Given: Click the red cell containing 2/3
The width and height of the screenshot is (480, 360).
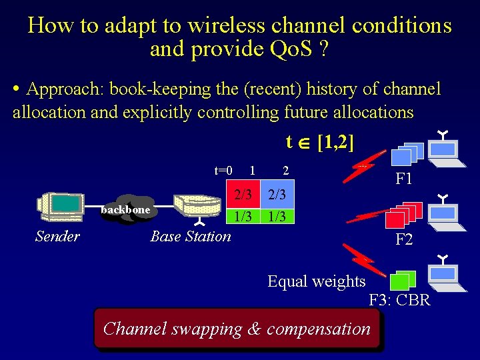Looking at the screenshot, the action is point(242,195).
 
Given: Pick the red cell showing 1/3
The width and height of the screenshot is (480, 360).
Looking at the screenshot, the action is point(242,217).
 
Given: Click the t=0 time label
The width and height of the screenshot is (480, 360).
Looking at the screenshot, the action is point(223,171).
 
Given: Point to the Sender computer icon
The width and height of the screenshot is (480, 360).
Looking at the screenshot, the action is point(60,208).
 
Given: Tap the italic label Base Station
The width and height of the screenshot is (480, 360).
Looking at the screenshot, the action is point(191,236).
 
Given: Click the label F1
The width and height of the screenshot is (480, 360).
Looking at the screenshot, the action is point(404,179).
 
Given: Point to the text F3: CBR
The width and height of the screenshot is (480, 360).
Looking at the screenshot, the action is point(400,301).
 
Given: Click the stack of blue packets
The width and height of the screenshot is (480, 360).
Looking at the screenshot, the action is point(405,155).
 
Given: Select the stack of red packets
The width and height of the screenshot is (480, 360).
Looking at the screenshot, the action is point(400,215).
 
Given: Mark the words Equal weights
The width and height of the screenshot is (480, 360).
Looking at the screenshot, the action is point(317,281).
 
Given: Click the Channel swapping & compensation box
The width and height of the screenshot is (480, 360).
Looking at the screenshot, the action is point(237,328).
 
